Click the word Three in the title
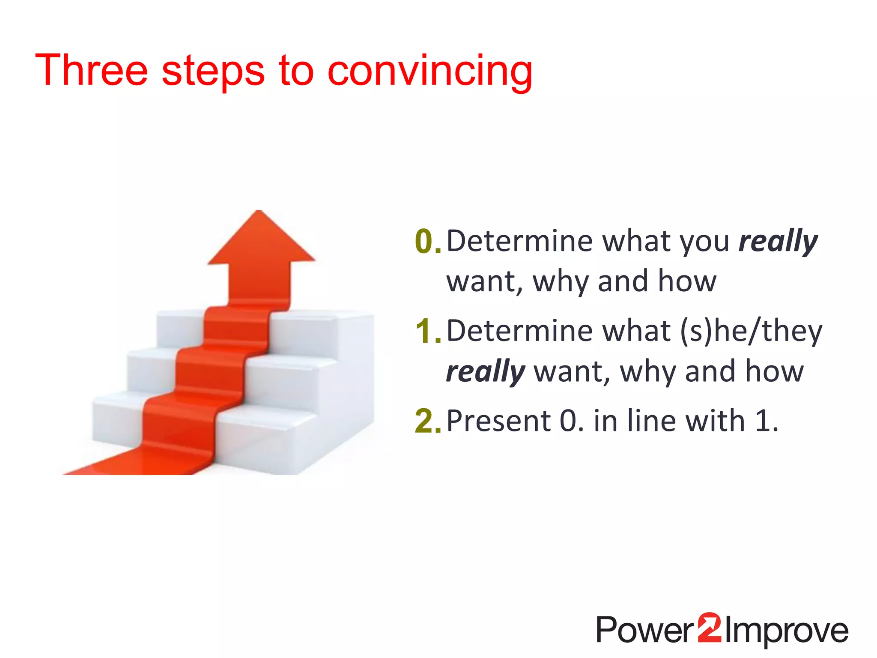[91, 71]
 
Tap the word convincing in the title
[430, 72]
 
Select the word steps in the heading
[213, 72]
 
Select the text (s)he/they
[751, 332]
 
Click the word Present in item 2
[498, 421]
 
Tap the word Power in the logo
[645, 630]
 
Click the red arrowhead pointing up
[260, 240]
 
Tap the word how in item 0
[687, 281]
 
